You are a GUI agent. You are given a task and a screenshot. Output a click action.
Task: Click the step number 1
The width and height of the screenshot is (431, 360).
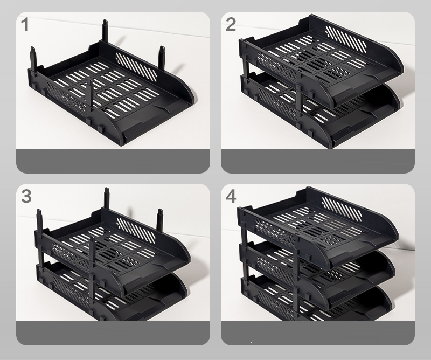click(x=25, y=24)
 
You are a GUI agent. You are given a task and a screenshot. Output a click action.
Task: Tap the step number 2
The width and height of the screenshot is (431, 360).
click(x=231, y=24)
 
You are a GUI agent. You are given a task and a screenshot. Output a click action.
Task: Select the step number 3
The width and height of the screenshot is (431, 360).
click(x=26, y=196)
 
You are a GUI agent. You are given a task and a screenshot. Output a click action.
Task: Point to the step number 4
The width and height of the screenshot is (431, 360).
click(x=231, y=196)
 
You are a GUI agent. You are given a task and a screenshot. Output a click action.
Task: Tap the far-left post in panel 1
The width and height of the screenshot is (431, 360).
click(x=33, y=58)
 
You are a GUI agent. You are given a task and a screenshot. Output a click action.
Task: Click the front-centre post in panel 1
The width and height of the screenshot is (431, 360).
click(x=89, y=95)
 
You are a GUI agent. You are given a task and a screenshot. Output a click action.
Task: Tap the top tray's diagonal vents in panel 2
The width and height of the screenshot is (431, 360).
click(x=346, y=39)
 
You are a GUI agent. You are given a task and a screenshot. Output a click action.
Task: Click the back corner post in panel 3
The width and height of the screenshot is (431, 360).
click(x=107, y=198)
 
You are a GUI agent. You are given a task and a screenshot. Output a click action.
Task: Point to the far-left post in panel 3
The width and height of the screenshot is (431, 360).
click(x=40, y=220)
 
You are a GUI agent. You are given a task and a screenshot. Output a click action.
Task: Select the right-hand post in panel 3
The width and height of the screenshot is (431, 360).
click(x=160, y=219)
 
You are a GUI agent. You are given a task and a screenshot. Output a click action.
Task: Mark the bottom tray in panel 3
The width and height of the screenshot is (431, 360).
click(x=110, y=294)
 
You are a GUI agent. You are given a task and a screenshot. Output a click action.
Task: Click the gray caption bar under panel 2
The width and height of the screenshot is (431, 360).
click(x=318, y=162)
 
